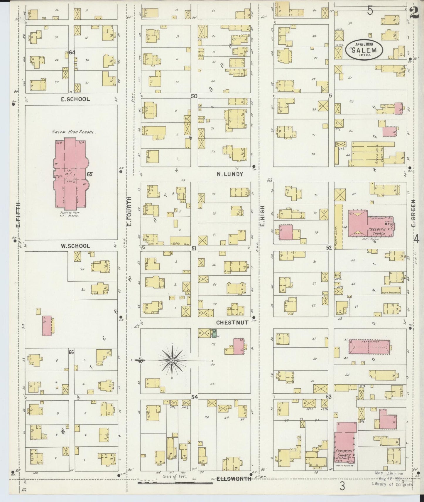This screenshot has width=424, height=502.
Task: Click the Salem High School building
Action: click(70, 173)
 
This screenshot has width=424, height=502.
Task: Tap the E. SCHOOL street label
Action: click(75, 99)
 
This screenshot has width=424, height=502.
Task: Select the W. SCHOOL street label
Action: click(75, 246)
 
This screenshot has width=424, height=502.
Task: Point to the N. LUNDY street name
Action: click(230, 174)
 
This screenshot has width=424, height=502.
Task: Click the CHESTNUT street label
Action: click(232, 322)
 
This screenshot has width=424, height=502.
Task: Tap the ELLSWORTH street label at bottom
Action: click(234, 479)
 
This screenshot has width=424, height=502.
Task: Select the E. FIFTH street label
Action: click(18, 215)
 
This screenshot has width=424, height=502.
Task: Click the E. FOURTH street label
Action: click(129, 211)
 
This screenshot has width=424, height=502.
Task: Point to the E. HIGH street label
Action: click(262, 216)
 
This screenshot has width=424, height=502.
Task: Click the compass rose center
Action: click(172, 360)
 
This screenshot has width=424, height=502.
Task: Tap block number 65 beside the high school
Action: click(89, 174)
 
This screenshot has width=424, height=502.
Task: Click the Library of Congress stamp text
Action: click(392, 484)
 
